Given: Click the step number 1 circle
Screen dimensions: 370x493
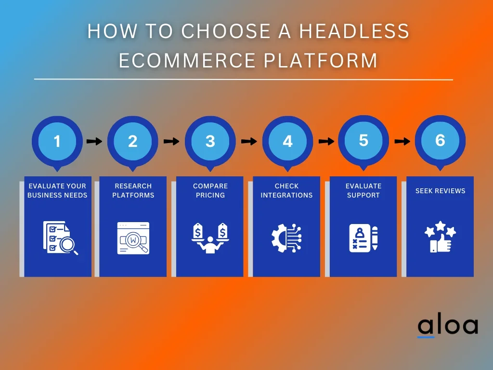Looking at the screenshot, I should tap(57, 141).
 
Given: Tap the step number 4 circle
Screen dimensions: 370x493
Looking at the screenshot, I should tap(287, 141).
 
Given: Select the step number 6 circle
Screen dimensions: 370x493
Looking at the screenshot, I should tap(440, 140).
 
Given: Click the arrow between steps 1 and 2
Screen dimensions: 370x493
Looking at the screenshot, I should tap(94, 141).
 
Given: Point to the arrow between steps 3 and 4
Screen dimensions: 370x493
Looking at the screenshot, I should tap(248, 141).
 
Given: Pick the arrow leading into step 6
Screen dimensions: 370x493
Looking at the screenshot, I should tap(402, 141).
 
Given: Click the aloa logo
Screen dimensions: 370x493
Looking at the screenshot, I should tap(447, 326).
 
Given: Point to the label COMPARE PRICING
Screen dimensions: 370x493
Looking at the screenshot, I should tap(210, 190).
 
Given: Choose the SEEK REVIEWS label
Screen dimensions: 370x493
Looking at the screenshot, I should tap(440, 191).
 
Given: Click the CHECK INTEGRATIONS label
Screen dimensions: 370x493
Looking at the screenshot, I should tap(286, 190).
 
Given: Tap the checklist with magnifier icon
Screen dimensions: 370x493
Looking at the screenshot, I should tap(60, 237).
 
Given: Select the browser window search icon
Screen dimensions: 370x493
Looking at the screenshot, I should tap(133, 238).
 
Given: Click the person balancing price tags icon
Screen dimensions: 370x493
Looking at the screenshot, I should tap(210, 238).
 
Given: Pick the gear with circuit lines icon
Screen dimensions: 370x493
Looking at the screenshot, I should tap(286, 238).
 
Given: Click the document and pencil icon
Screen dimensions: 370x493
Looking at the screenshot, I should tap(363, 238).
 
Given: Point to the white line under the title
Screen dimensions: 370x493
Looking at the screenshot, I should tap(243, 79).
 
